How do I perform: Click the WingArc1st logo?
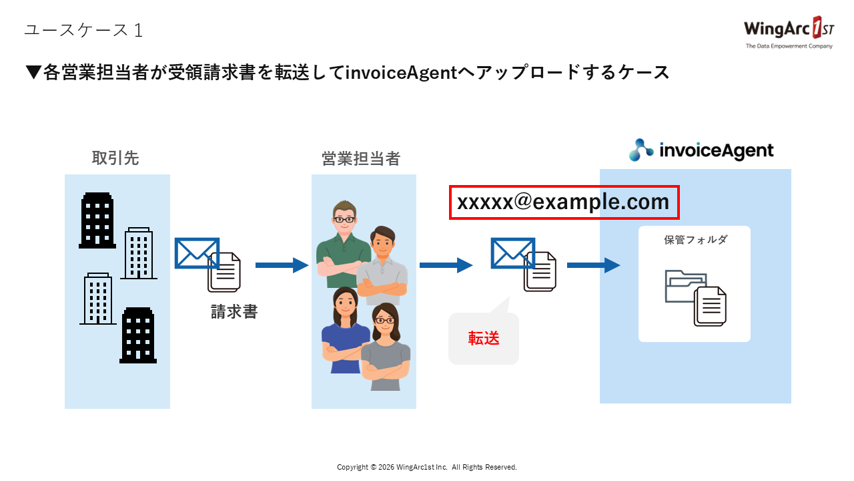pyautogui.click(x=788, y=33)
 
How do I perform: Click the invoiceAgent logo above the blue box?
pyautogui.click(x=701, y=150)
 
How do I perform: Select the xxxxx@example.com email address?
pyautogui.click(x=564, y=202)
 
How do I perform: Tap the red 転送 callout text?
pyautogui.click(x=484, y=339)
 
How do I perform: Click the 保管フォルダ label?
pyautogui.click(x=695, y=240)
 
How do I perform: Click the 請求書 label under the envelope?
pyautogui.click(x=234, y=312)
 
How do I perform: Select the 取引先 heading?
pyautogui.click(x=115, y=158)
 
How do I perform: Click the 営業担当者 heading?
pyautogui.click(x=361, y=158)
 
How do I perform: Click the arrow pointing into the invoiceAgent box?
pyautogui.click(x=593, y=265)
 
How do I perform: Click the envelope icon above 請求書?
pyautogui.click(x=197, y=254)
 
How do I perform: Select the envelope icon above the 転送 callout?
pyautogui.click(x=513, y=254)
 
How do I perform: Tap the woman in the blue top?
pyautogui.click(x=344, y=327)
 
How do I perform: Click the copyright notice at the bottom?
pyautogui.click(x=427, y=467)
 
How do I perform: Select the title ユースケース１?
pyautogui.click(x=83, y=30)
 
